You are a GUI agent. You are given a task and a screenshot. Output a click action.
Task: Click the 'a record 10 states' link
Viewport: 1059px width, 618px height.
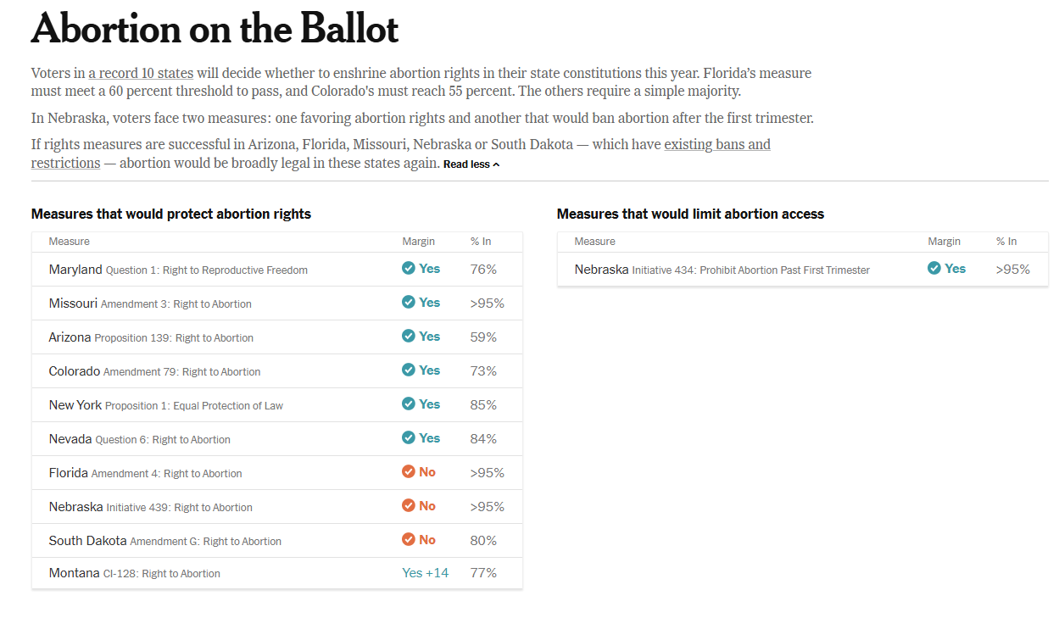(x=141, y=73)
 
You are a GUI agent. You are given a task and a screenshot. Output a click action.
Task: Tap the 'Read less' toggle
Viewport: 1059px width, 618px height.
(x=471, y=164)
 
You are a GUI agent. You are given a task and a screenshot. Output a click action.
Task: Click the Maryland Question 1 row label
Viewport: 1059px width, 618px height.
(x=178, y=270)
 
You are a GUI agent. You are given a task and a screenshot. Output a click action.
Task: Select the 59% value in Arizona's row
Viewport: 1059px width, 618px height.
(x=483, y=337)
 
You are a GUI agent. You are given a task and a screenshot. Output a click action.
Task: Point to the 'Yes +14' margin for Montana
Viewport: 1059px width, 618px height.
(x=425, y=573)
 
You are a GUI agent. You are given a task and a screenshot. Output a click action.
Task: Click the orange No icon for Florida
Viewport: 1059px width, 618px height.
(x=409, y=472)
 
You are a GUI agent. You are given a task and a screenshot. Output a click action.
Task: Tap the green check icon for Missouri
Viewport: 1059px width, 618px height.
(x=409, y=303)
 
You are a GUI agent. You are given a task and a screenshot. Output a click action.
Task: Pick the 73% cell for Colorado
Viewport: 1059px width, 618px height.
(x=483, y=371)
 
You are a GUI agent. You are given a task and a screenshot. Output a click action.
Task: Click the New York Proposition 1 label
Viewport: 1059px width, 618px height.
(x=166, y=405)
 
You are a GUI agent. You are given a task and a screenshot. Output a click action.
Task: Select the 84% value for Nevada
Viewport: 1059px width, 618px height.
(x=483, y=439)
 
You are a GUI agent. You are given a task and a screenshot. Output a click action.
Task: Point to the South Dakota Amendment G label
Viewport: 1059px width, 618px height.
(x=165, y=541)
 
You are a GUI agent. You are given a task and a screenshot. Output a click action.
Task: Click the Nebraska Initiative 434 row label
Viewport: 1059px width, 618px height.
(x=722, y=270)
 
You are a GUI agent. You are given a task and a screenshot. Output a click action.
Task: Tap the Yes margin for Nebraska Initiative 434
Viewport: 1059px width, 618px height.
(x=946, y=269)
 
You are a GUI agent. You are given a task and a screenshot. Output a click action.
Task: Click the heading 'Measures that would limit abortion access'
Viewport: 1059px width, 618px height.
(x=690, y=214)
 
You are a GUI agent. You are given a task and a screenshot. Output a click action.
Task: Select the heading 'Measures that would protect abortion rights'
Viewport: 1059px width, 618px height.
(x=171, y=214)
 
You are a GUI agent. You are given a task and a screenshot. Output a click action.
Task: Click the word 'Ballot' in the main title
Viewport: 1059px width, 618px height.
(x=348, y=31)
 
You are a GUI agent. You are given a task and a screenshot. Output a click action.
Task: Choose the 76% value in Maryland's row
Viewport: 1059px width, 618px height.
(x=483, y=270)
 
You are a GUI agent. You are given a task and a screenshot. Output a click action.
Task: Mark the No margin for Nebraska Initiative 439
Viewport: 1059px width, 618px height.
(x=419, y=506)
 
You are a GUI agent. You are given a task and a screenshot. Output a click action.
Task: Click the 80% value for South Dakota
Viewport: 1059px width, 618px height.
(x=483, y=541)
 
